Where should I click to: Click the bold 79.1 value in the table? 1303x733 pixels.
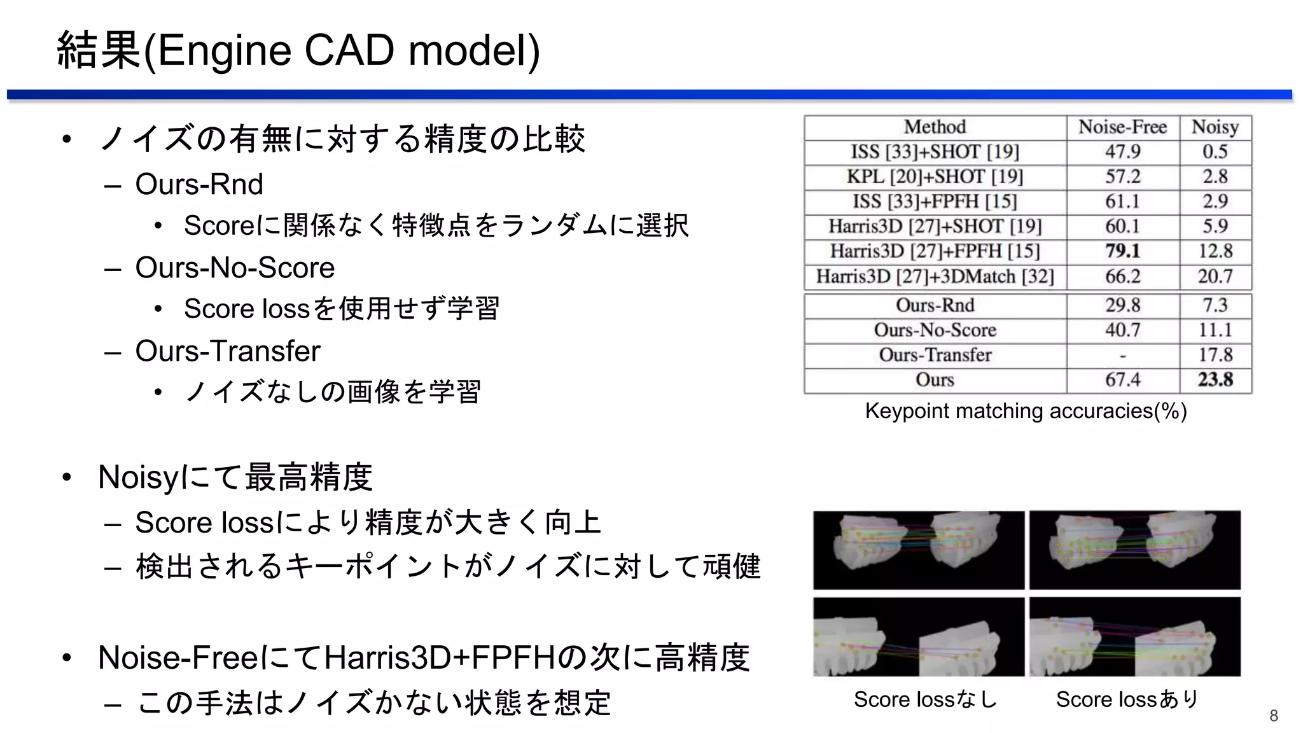[1122, 251]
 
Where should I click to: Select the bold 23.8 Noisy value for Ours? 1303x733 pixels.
[1215, 380]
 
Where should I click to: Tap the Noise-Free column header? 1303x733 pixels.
[1122, 127]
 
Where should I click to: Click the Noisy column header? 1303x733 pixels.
[1215, 127]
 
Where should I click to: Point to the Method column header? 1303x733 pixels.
[935, 127]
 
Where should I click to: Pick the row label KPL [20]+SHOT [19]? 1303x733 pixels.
[935, 177]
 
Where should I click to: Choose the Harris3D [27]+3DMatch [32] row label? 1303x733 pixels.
[935, 277]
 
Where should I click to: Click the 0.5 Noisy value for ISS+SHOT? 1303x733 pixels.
[1215, 152]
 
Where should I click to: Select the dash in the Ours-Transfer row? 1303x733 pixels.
[1122, 356]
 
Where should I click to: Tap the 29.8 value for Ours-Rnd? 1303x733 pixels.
[1122, 305]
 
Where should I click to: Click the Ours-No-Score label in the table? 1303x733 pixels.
[935, 330]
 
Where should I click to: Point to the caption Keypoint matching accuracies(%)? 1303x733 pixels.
[1026, 411]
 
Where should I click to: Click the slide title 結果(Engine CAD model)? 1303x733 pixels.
[298, 50]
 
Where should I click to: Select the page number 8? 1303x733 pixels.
[1273, 716]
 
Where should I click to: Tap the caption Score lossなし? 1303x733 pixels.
[925, 699]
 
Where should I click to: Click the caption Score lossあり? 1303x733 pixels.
[1127, 699]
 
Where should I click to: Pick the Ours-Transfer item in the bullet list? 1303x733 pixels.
[227, 351]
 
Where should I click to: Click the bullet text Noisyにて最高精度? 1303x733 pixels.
[235, 477]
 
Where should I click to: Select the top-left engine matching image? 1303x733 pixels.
[919, 550]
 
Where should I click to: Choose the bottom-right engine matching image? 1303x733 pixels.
[1135, 637]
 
